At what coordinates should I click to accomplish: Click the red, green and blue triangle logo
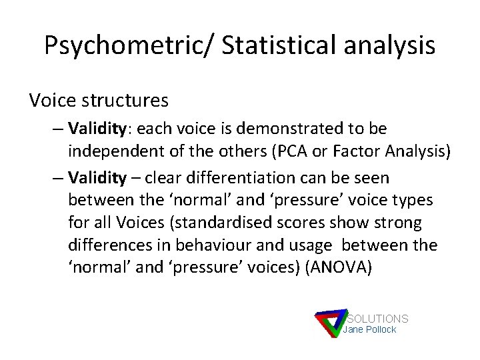[329, 324]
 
